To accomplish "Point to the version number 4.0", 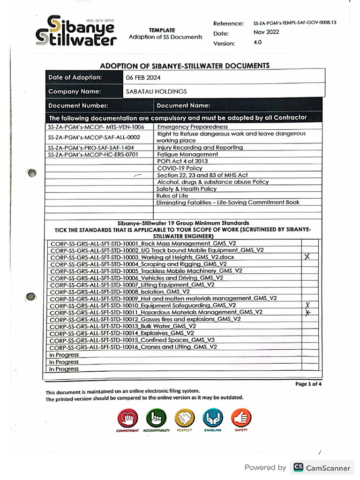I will (x=257, y=42).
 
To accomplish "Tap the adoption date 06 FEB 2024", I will (x=143, y=77).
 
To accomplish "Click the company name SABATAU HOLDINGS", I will (x=156, y=91).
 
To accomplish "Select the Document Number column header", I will (x=78, y=106).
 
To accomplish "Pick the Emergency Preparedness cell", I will (x=193, y=127).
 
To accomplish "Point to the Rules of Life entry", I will (x=172, y=195).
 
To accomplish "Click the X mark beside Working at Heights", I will (x=307, y=257).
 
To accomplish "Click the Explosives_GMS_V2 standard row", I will (x=121, y=333).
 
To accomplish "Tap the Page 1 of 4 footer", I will (x=308, y=383).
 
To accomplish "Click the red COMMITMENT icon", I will (x=127, y=417).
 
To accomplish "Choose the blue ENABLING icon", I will (x=212, y=417).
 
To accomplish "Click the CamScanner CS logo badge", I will (x=298, y=467).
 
